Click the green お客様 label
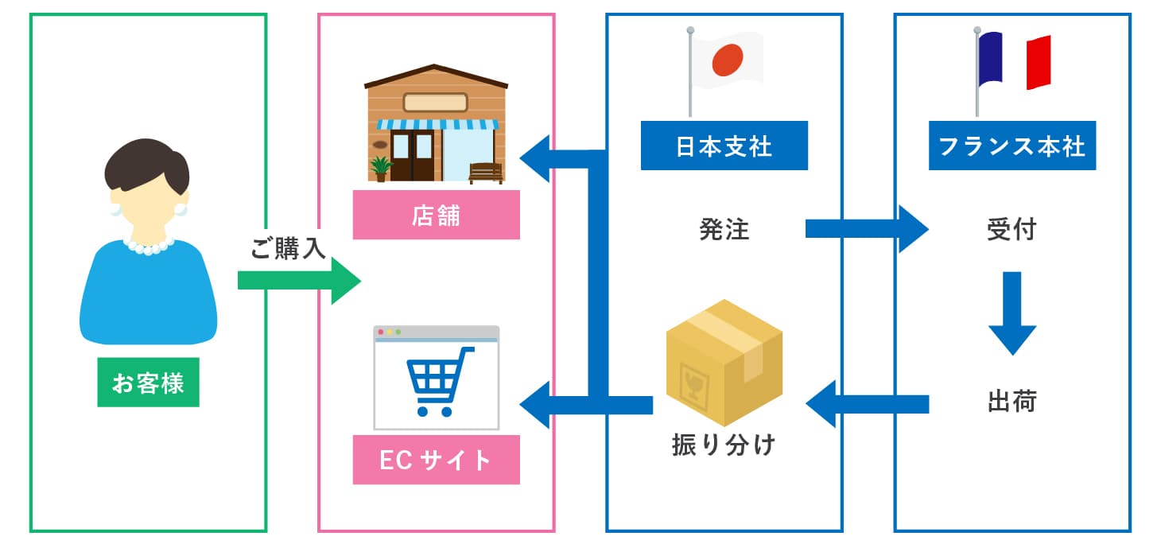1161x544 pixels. (148, 383)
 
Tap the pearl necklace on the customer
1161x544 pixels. (149, 246)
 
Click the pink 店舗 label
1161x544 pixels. (436, 215)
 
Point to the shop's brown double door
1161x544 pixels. (413, 156)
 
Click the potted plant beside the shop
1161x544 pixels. (381, 169)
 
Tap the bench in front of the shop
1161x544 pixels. (485, 173)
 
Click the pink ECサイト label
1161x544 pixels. (436, 460)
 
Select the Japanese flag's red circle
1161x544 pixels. (727, 59)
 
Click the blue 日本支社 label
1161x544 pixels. (724, 146)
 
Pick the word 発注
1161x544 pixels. (724, 230)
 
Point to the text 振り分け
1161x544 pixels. (723, 444)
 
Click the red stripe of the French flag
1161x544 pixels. (1039, 63)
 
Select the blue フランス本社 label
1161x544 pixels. (1012, 146)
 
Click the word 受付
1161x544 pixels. (1012, 230)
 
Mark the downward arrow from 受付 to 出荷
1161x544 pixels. (1012, 313)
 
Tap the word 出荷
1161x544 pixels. (1012, 402)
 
